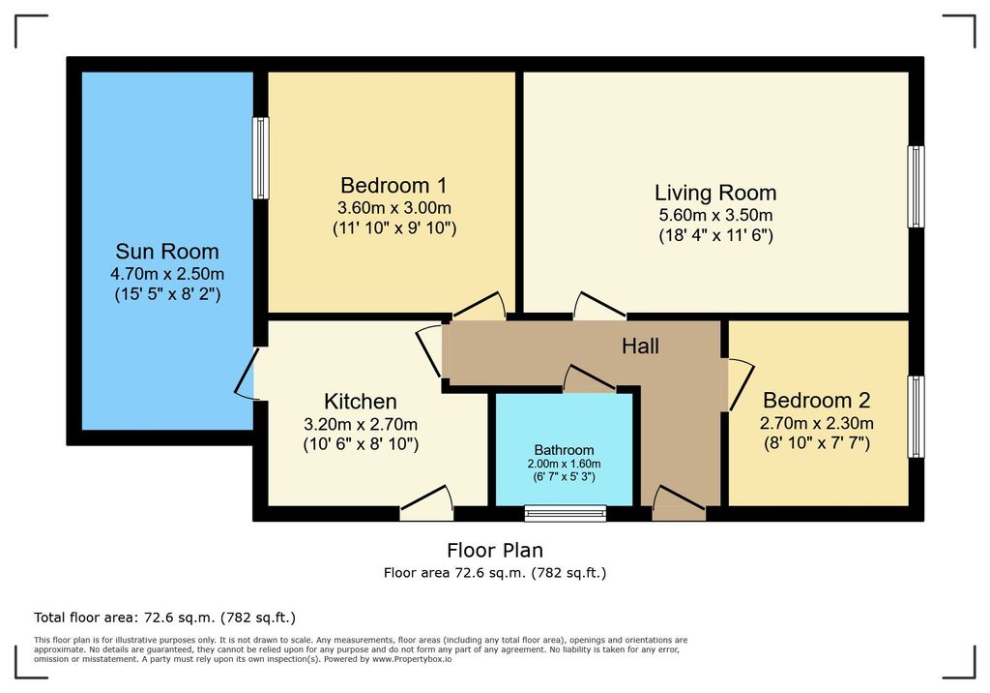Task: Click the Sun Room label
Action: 167,251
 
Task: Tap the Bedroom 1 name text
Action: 393,185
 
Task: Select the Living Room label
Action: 715,193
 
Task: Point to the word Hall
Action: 640,346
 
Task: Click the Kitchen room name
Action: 361,402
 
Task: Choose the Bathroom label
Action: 564,450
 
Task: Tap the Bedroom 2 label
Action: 816,401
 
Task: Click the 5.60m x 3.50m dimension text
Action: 715,215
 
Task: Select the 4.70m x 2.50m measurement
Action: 167,274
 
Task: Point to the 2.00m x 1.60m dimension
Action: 564,464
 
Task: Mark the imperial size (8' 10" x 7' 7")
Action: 816,443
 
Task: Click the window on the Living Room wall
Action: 917,187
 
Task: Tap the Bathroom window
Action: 565,513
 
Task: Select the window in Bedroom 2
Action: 917,417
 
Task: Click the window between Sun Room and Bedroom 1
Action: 261,158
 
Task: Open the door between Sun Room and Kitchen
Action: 247,373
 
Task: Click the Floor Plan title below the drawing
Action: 495,550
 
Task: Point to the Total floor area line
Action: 164,618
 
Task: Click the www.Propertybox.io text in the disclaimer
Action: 412,659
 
